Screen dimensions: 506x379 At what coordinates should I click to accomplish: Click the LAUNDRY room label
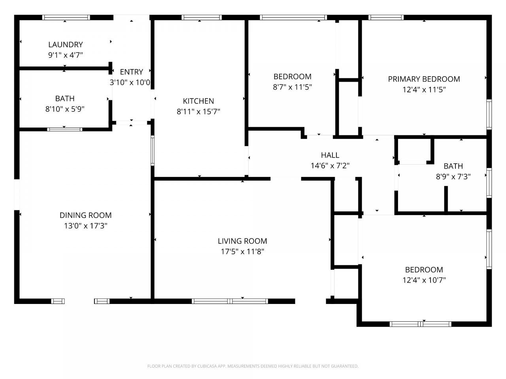tap(66, 44)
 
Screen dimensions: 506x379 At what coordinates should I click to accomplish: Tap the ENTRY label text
tap(131, 72)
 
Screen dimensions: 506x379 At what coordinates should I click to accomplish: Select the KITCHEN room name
tap(198, 101)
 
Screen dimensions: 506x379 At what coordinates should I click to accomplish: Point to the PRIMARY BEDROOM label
tap(424, 79)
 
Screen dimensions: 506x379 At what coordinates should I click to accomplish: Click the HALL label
tap(330, 155)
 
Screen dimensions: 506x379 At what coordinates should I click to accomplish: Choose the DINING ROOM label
tap(85, 216)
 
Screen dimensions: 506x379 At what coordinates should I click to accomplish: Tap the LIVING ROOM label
tap(242, 241)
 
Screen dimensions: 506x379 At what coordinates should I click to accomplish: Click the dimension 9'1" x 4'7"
tap(66, 55)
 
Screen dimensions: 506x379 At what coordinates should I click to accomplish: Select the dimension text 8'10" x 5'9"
tap(65, 109)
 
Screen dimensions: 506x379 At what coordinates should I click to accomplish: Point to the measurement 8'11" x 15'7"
tap(198, 112)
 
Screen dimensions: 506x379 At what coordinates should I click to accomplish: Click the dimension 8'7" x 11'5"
tap(292, 87)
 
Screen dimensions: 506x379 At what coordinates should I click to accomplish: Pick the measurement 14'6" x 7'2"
tap(330, 166)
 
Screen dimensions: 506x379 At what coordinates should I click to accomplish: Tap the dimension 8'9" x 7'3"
tap(453, 177)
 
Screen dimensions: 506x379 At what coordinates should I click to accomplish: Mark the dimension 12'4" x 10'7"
tap(424, 280)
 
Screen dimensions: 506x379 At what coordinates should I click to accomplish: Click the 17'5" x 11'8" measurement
tap(242, 252)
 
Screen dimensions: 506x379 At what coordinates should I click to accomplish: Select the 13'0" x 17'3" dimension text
tap(85, 226)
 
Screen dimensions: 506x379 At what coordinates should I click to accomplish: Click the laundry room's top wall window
tap(66, 17)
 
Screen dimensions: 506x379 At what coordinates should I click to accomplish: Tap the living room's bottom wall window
tap(230, 301)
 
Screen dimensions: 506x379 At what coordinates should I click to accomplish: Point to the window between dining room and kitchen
tap(152, 150)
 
